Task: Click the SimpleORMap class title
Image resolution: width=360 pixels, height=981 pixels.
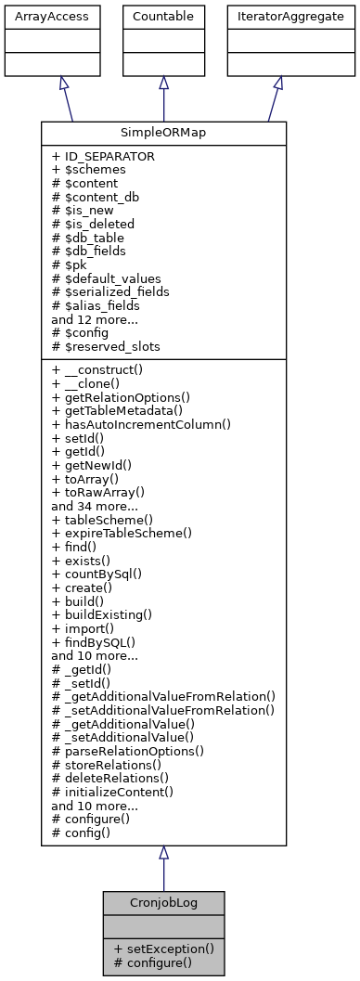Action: tap(163, 133)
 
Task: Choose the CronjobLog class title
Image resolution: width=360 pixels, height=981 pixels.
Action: tap(163, 901)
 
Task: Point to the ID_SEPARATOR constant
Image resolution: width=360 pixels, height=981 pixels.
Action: tap(104, 156)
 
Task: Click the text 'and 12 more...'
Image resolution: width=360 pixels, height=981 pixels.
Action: tap(94, 318)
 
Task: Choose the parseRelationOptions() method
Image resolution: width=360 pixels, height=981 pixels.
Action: tap(128, 750)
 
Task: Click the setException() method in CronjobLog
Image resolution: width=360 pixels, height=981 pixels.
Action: tap(163, 949)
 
